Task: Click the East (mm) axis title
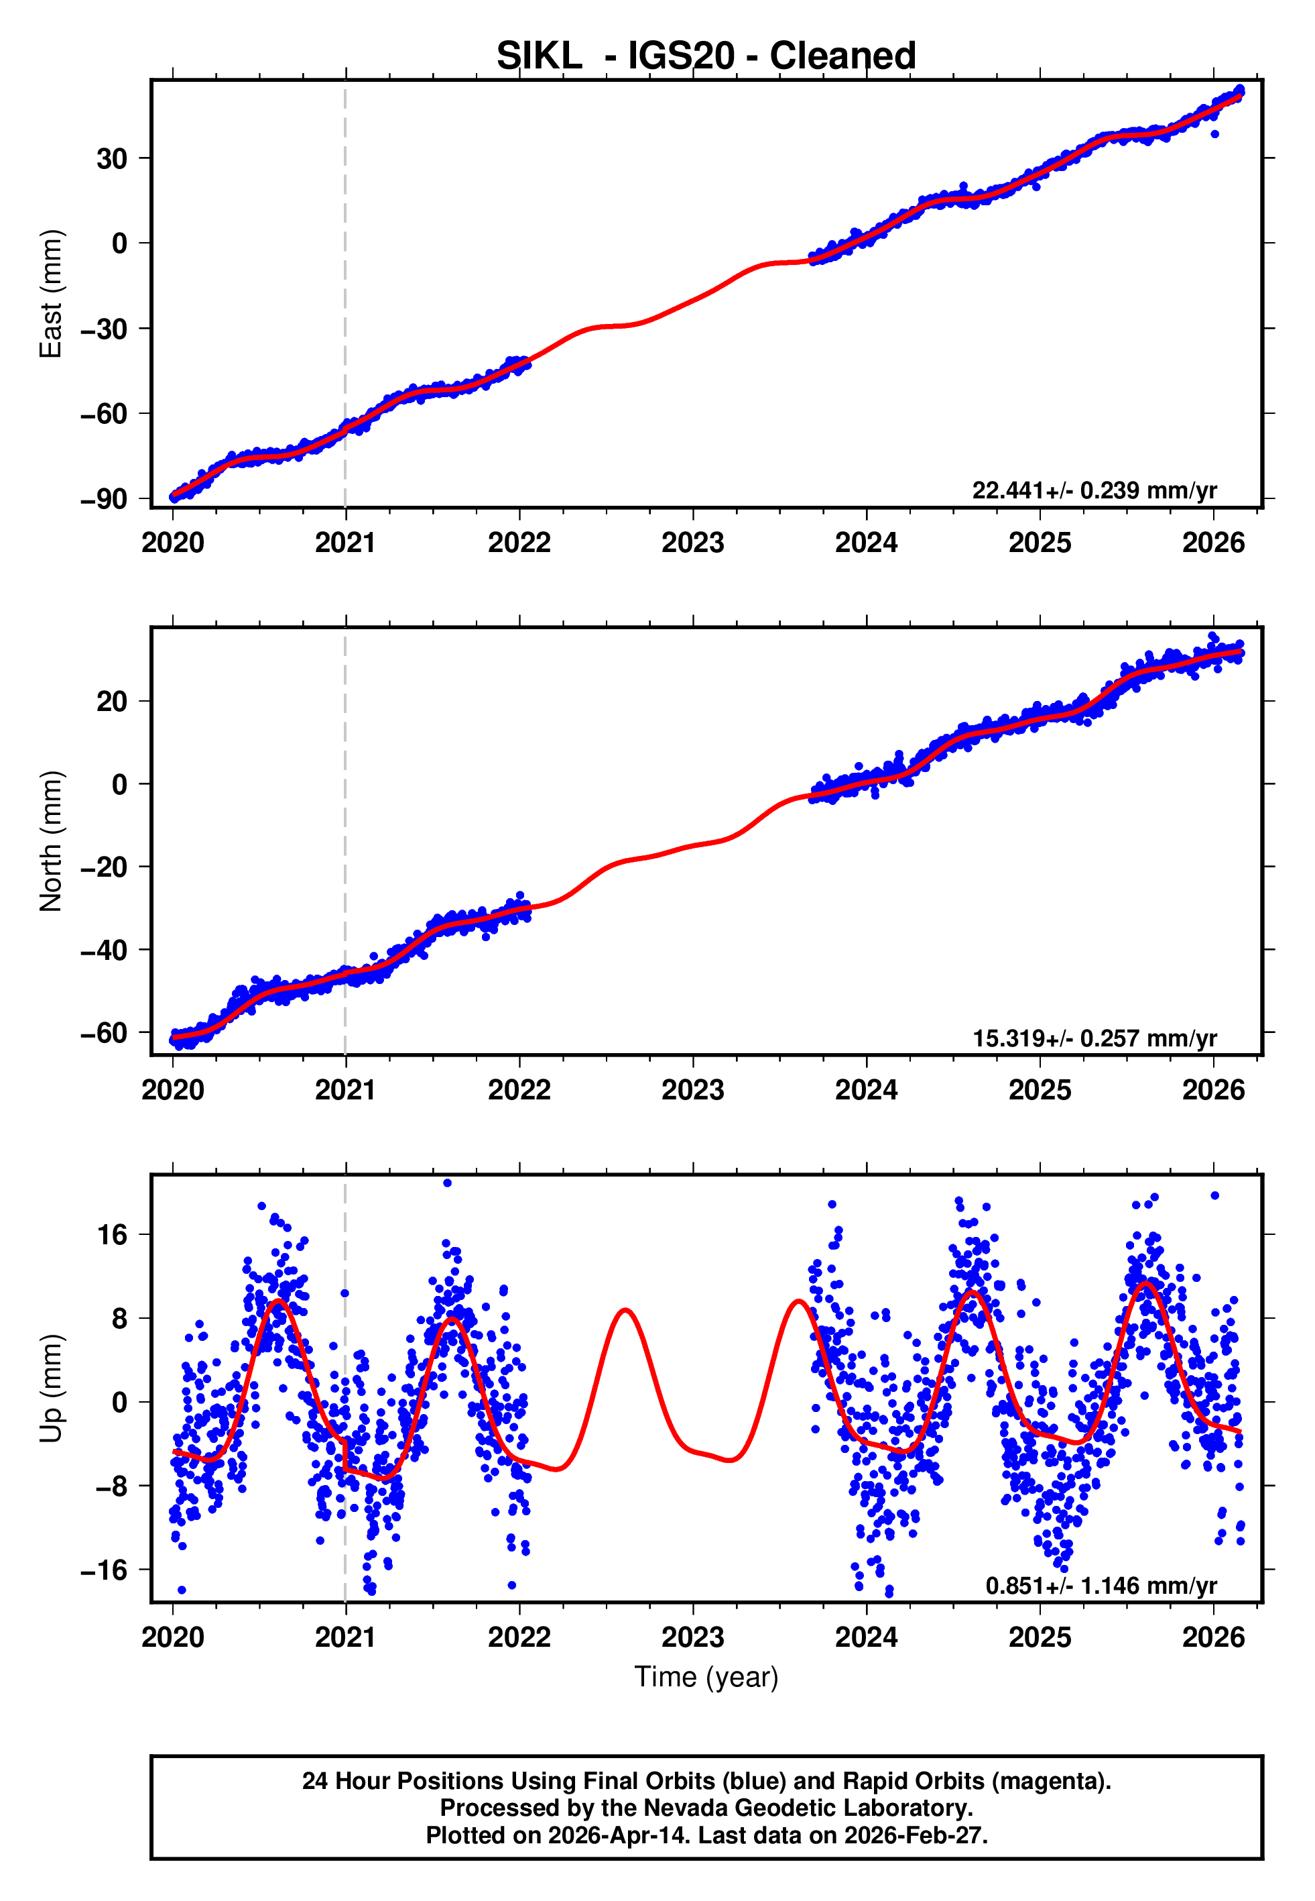coord(51,294)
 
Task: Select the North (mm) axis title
coord(51,841)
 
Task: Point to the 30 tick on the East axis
coord(112,158)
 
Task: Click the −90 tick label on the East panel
coord(105,499)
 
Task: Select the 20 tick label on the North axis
coord(112,702)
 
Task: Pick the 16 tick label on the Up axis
coord(112,1235)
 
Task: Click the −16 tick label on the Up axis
coord(105,1570)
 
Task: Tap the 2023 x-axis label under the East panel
coord(692,543)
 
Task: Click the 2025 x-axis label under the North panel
coord(1039,1091)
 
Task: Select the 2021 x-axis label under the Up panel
coord(345,1637)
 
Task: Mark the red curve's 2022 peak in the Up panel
coord(625,1310)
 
